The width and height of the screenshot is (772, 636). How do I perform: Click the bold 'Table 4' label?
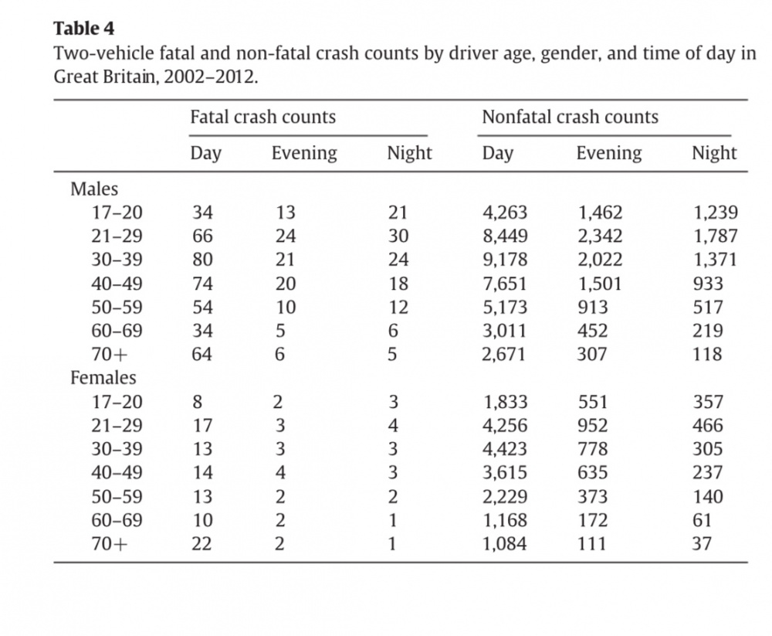coord(83,29)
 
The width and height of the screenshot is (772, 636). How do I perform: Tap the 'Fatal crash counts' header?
coord(263,117)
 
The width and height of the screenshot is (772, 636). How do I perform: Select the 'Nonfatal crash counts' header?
coord(571,117)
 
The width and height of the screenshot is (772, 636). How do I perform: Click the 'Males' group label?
coord(94,189)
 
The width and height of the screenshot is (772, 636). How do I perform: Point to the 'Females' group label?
coord(103,378)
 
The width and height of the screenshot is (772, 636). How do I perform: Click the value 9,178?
coord(505,260)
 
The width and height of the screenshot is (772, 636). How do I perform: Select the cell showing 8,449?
coord(505,236)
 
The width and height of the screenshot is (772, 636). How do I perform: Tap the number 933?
coord(708,284)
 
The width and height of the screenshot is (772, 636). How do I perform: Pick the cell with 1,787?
coord(716,236)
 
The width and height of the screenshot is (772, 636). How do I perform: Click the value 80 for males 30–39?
coord(202,260)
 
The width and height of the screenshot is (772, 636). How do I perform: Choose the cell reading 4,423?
coord(505,449)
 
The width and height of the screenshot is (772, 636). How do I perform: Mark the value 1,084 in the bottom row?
coord(505,544)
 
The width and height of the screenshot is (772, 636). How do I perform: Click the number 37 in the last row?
coord(702,543)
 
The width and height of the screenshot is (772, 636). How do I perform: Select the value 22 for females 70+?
coord(201,543)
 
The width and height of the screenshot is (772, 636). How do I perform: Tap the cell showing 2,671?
coord(504,355)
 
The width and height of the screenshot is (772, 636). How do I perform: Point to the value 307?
coord(592,354)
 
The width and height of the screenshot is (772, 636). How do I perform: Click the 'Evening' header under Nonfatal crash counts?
coord(609,153)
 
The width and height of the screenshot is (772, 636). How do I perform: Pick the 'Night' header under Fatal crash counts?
coord(410,153)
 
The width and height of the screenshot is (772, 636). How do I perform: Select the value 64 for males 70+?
coord(201,354)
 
